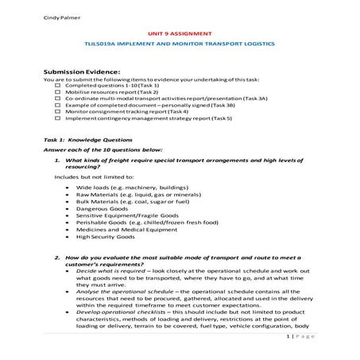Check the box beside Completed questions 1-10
[x=57, y=85]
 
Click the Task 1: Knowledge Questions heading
[x=81, y=139]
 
